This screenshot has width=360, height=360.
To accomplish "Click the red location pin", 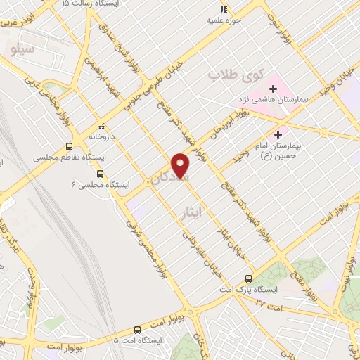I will click(181, 165).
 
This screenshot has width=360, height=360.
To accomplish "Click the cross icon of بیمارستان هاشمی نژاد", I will click(273, 89).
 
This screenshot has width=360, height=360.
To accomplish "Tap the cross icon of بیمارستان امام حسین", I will click(278, 134).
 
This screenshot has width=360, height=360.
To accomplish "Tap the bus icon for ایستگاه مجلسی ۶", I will click(100, 173).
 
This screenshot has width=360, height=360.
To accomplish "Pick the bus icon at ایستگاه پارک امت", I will click(247, 278).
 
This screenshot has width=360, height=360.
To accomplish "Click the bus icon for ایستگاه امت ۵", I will click(136, 329).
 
